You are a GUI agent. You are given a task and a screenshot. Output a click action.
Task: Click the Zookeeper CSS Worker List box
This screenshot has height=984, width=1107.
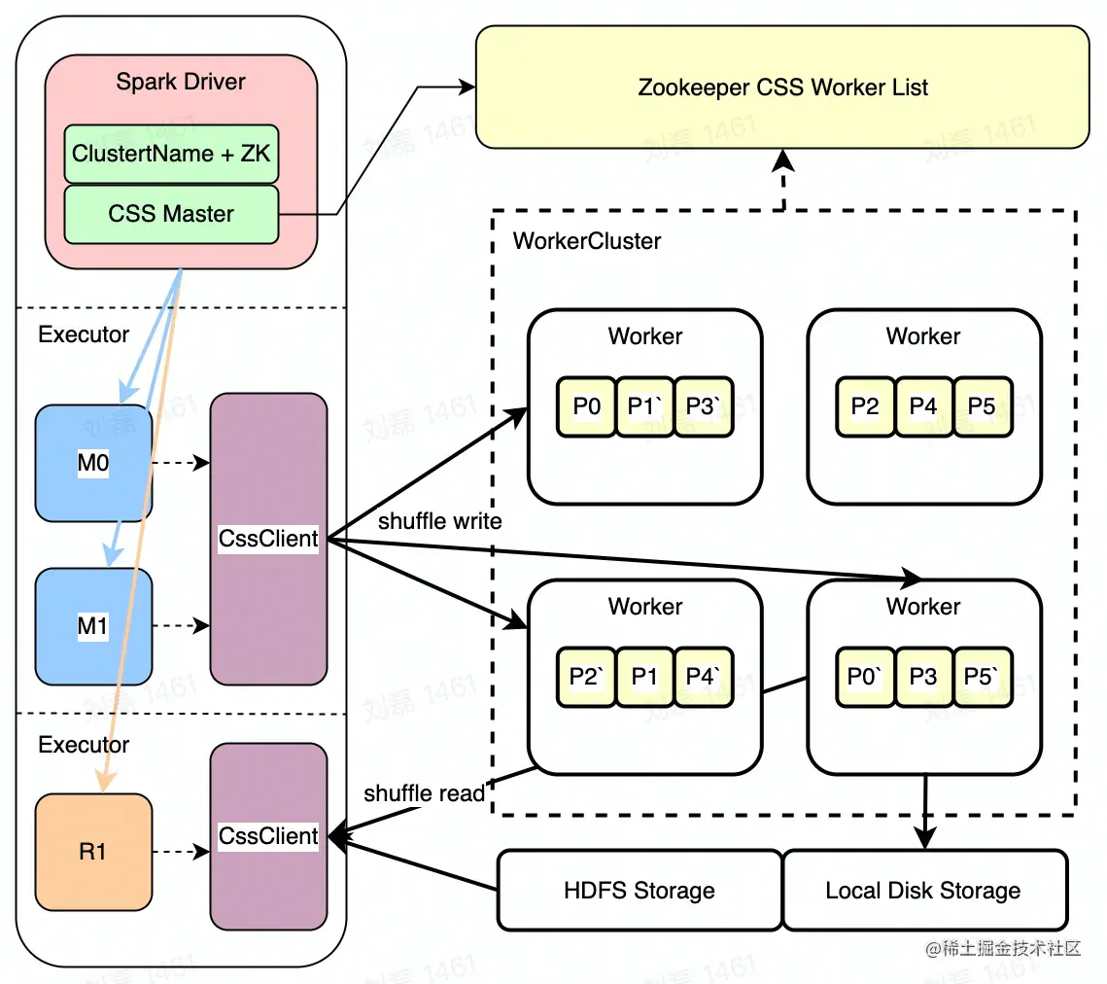point(782,88)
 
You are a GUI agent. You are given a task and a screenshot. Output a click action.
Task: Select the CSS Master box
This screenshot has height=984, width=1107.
point(171,214)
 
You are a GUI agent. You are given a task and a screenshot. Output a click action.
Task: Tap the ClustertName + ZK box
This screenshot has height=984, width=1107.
point(171,153)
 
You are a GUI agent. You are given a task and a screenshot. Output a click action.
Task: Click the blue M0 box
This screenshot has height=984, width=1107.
point(93,464)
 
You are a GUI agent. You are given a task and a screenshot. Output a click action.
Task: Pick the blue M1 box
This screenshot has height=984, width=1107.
point(93,626)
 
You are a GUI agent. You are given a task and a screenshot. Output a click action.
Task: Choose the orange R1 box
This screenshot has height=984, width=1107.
point(93,852)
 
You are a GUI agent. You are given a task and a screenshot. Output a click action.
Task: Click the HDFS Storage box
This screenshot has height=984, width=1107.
point(640,890)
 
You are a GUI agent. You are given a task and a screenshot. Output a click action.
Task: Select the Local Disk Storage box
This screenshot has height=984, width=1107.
point(923,890)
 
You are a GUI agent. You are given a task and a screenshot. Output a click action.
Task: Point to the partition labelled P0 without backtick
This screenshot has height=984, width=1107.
point(586,405)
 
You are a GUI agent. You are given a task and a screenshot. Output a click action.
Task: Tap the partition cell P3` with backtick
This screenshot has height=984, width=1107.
point(703,405)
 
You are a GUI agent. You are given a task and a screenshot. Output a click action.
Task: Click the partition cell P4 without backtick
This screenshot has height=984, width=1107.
point(923,405)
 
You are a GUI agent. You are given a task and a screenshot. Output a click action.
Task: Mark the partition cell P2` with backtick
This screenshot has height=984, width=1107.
point(586,676)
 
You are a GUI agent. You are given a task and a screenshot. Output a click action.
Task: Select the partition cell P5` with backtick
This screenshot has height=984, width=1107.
point(983,676)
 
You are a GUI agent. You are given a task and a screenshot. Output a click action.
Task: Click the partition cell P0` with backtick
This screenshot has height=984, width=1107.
point(865,676)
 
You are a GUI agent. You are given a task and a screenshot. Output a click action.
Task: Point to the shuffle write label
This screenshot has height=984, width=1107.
point(439,521)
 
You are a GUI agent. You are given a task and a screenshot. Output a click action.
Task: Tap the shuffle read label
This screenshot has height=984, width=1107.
point(424,793)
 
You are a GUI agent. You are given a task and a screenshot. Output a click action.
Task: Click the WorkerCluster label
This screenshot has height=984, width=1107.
point(587,240)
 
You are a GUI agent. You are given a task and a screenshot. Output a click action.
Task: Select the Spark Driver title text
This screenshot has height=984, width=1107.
point(181,81)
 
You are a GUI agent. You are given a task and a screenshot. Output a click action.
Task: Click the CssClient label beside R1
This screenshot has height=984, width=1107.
point(268,836)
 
